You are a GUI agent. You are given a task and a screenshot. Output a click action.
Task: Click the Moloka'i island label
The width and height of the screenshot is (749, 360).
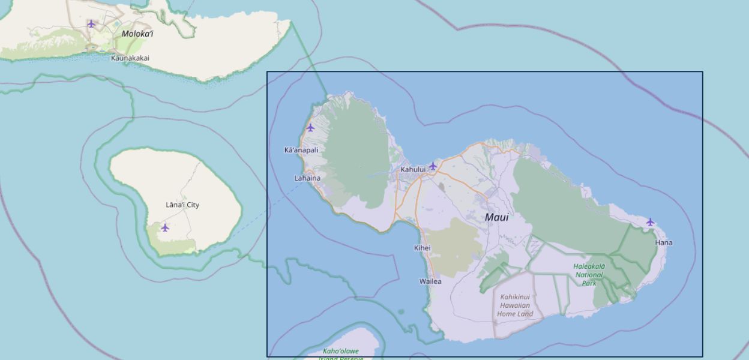(137, 34)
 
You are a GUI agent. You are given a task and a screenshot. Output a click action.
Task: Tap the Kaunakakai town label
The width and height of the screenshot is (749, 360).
(130, 58)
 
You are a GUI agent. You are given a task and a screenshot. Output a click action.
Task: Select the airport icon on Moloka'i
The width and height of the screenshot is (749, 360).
(91, 24)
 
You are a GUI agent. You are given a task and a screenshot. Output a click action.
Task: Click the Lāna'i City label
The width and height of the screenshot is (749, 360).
(182, 205)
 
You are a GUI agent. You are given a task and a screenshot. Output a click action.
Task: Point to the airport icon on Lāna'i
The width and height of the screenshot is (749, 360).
(165, 227)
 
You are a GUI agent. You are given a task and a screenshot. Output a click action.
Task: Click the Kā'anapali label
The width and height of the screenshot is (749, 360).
(301, 150)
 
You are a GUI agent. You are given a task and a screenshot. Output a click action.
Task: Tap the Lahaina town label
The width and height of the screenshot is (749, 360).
(307, 178)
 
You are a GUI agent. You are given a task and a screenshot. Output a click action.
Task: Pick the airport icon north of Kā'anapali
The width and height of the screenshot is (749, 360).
(310, 127)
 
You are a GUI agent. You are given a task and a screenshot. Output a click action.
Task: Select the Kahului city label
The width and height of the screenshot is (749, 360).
(413, 169)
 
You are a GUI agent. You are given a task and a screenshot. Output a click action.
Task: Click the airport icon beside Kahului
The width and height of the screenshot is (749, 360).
(433, 166)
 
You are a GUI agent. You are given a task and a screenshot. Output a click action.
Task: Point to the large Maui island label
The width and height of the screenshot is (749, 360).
(496, 217)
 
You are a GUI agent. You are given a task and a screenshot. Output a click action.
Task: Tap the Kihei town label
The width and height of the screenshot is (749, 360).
(423, 248)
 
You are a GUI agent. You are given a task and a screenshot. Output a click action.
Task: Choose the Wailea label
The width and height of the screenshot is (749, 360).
(430, 281)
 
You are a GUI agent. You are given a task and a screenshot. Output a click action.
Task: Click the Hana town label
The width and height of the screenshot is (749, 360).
(664, 243)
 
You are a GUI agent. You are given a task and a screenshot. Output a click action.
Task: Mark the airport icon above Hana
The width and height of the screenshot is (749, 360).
(650, 222)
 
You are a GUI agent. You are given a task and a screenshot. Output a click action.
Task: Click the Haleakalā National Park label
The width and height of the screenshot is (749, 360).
(589, 274)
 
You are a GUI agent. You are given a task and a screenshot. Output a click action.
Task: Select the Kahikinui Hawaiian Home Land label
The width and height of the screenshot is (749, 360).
(515, 305)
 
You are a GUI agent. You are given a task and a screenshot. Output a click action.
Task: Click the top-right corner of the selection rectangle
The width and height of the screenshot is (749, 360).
(703, 72)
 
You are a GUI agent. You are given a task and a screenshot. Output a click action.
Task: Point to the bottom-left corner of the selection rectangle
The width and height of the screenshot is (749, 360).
(267, 356)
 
